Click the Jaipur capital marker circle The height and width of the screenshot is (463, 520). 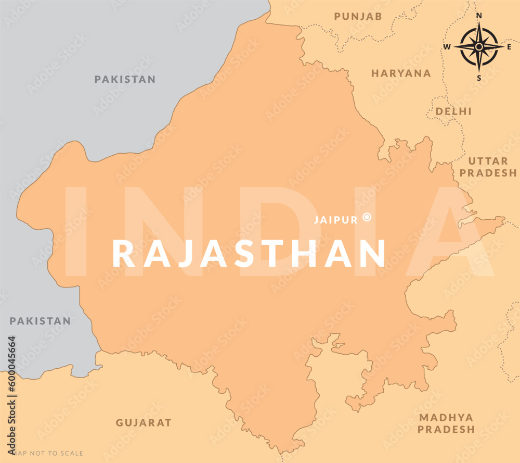(x=367, y=218)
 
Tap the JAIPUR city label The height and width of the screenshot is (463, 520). (x=335, y=220)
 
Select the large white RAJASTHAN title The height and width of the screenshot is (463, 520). (x=249, y=254)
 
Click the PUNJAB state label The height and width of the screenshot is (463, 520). (x=358, y=17)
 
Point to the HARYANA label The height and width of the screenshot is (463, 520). (x=401, y=73)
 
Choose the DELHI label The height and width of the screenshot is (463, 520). (x=453, y=111)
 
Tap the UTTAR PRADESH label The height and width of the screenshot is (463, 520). (x=489, y=167)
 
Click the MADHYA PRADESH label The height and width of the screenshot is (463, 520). (x=446, y=423)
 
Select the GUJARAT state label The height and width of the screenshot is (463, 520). (x=144, y=422)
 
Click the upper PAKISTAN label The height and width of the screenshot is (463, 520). (x=125, y=79)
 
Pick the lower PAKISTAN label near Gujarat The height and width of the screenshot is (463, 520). (x=40, y=321)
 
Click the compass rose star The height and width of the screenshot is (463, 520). (x=479, y=47)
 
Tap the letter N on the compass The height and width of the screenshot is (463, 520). (x=479, y=16)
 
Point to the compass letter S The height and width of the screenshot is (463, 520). (x=479, y=78)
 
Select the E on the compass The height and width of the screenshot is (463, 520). (x=509, y=47)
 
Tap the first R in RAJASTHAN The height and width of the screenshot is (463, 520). (x=124, y=254)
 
